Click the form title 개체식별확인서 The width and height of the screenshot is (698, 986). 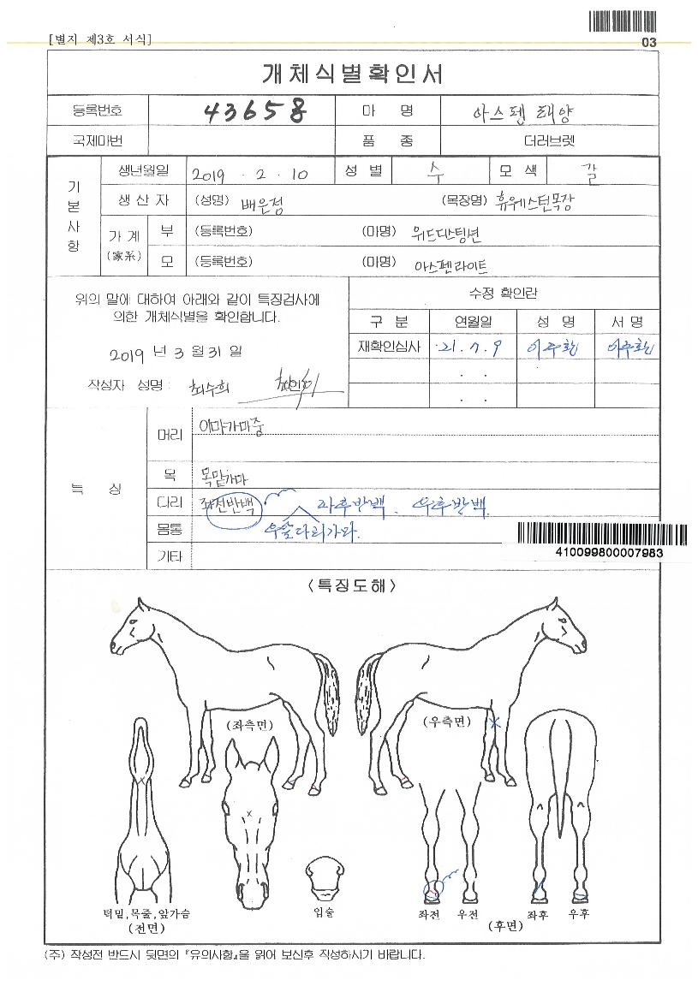(x=352, y=74)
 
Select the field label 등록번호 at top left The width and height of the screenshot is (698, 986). (x=98, y=110)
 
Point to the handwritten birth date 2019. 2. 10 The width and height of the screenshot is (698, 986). (x=250, y=174)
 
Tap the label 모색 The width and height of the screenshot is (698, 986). (x=519, y=170)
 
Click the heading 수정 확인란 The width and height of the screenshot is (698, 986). (x=504, y=294)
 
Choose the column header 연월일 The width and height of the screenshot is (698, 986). (x=473, y=322)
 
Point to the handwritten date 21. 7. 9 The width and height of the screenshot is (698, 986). (x=469, y=347)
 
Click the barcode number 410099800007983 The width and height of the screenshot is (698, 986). (x=609, y=554)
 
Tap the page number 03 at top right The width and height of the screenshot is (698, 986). (x=647, y=42)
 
